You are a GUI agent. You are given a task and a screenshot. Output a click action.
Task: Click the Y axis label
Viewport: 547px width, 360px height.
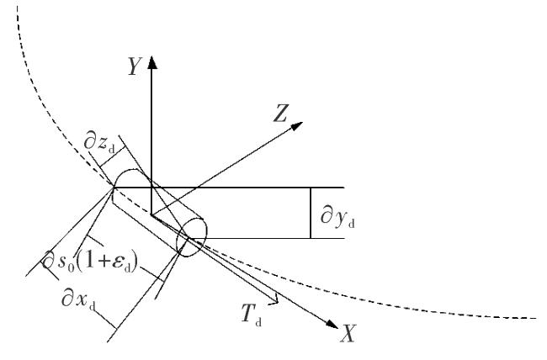coord(135,66)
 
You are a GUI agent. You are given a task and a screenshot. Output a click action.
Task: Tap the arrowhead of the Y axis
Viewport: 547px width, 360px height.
coord(151,62)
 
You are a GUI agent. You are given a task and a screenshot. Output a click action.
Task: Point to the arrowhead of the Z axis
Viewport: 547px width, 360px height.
coord(297,126)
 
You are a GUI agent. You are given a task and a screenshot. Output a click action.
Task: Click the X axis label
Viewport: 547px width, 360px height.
coord(348,333)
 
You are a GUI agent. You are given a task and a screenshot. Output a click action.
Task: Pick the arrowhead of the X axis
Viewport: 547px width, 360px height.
coord(332,324)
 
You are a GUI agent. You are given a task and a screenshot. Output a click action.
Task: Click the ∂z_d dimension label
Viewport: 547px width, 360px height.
coord(99,143)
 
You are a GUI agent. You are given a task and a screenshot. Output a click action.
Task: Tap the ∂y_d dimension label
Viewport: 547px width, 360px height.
coord(337,218)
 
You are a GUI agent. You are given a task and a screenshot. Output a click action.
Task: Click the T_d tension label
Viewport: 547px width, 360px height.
coord(251,314)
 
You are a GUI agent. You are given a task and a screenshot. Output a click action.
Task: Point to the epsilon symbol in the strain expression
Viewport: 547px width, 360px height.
coord(119,262)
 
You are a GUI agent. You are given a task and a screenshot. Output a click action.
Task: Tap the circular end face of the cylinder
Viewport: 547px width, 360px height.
coord(192,237)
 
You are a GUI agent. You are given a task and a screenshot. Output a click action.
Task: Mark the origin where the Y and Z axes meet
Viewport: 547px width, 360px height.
coord(151,214)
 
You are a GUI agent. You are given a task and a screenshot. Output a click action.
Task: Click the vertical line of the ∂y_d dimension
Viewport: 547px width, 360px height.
coord(311,213)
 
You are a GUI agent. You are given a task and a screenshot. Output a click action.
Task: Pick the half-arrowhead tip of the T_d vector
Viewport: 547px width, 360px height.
coord(278,302)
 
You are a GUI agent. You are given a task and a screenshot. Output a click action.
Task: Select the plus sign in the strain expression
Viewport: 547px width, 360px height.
coord(104,261)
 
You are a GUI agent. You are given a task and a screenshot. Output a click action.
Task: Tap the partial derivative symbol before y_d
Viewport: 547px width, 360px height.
coord(327,215)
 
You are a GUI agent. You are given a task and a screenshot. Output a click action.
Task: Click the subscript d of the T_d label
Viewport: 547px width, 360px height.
coord(258,321)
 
